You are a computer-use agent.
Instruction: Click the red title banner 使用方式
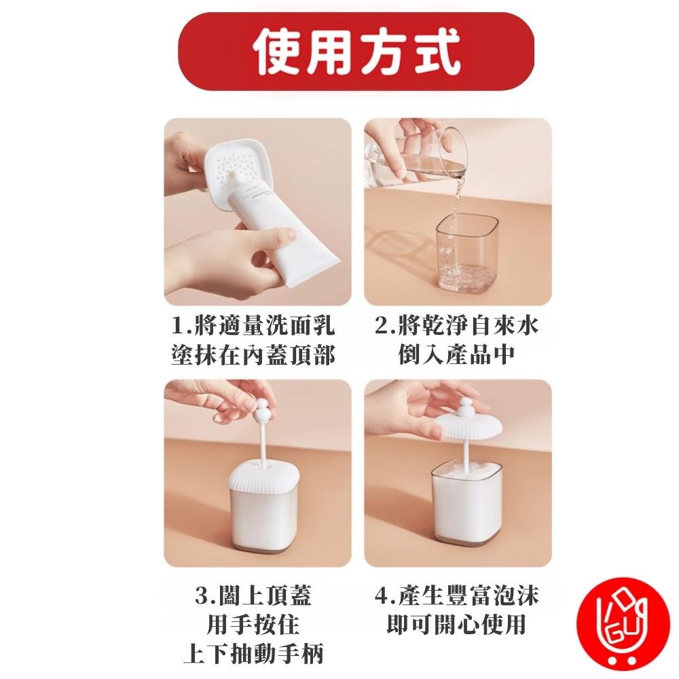pyautogui.click(x=356, y=52)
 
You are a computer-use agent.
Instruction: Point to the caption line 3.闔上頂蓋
pyautogui.click(x=253, y=595)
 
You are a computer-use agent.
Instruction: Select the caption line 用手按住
pyautogui.click(x=253, y=624)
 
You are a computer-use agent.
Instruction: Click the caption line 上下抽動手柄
pyautogui.click(x=253, y=653)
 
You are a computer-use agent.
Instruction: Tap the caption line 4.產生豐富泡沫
pyautogui.click(x=457, y=595)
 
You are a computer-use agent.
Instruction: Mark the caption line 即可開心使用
pyautogui.click(x=457, y=624)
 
